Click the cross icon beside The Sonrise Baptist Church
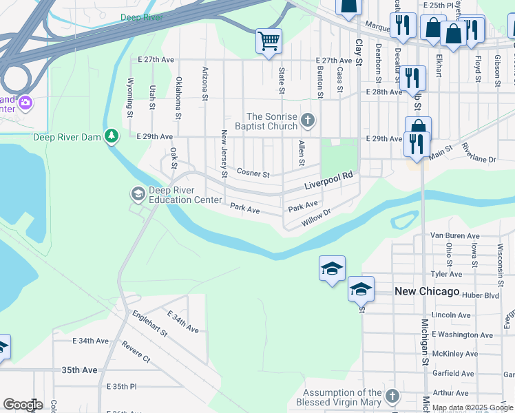point(308,121)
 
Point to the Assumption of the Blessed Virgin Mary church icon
point(392,396)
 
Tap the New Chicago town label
point(427,292)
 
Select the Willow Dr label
point(317,220)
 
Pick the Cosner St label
point(253,173)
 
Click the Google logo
point(22,405)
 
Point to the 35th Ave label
point(79,370)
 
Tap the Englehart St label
point(149,323)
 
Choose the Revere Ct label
point(136,350)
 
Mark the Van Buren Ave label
point(454,235)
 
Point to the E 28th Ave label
point(384,92)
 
